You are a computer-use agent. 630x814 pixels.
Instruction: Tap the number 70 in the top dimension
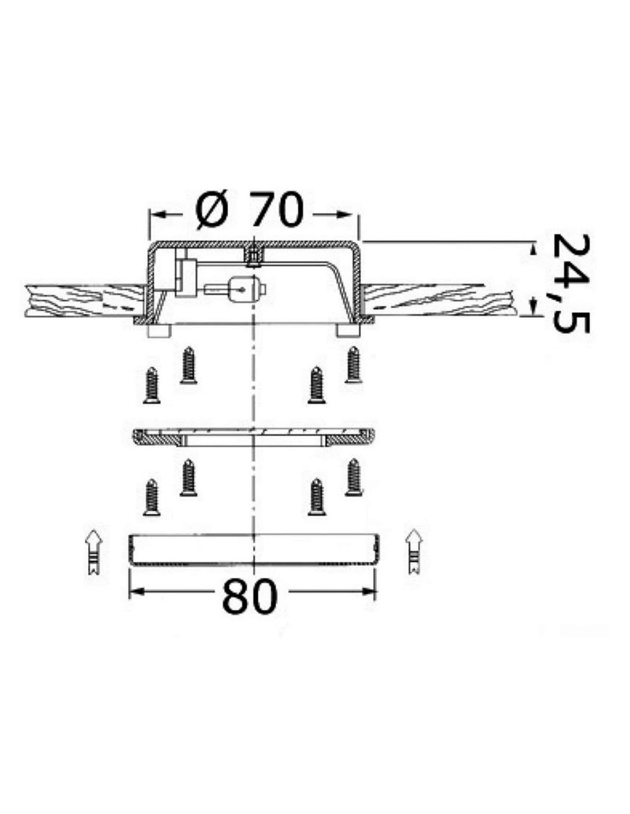coord(277,210)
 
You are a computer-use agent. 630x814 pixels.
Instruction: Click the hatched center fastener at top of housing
coord(254,256)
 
